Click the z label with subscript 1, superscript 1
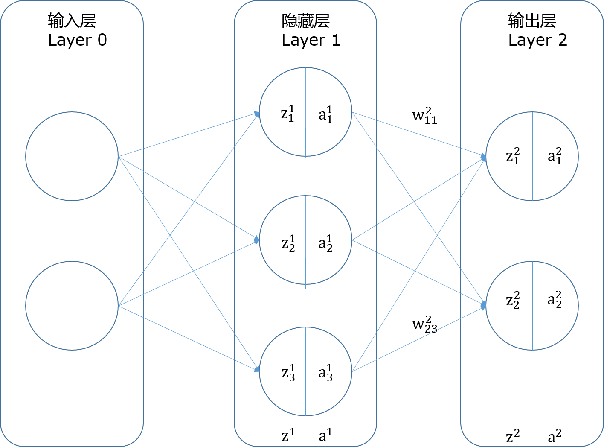tap(288, 114)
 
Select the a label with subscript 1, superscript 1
tap(325, 114)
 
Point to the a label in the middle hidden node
tap(325, 243)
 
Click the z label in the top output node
tap(513, 156)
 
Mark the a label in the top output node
tap(555, 156)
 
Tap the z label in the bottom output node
tap(513, 300)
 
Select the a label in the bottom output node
tap(555, 300)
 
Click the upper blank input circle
tap(72, 156)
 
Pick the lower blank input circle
tap(72, 306)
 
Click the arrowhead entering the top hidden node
tap(257, 114)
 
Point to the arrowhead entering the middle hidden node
tap(257, 240)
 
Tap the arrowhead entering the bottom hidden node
tap(257, 369)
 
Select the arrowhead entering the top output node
tap(484, 157)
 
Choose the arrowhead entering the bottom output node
tap(484, 305)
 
